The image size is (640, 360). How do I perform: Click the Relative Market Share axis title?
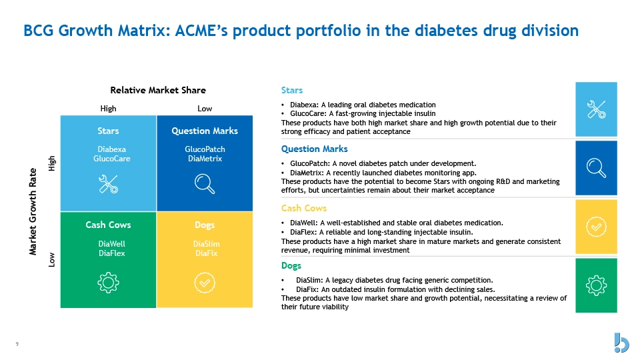point(158,90)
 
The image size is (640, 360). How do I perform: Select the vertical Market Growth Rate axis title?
point(33,211)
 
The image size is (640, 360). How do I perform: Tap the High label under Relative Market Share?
point(108,109)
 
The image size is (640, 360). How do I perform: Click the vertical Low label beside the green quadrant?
point(51,259)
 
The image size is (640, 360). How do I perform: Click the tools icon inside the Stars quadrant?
point(108,184)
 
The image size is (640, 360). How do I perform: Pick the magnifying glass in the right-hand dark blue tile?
point(596,168)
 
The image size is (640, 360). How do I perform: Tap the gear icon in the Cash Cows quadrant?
point(108,283)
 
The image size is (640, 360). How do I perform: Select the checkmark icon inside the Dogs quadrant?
point(205,283)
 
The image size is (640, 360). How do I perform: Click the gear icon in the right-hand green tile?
point(596,285)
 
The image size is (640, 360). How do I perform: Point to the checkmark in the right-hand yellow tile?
point(596,227)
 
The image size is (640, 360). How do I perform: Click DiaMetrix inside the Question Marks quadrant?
point(205,159)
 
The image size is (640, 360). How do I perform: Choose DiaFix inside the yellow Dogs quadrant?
point(207,253)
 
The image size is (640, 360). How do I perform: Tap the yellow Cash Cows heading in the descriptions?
point(304,208)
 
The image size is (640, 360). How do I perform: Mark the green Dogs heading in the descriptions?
point(291,266)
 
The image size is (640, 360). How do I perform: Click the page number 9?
point(17,344)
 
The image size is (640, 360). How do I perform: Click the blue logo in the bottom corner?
point(621,343)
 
